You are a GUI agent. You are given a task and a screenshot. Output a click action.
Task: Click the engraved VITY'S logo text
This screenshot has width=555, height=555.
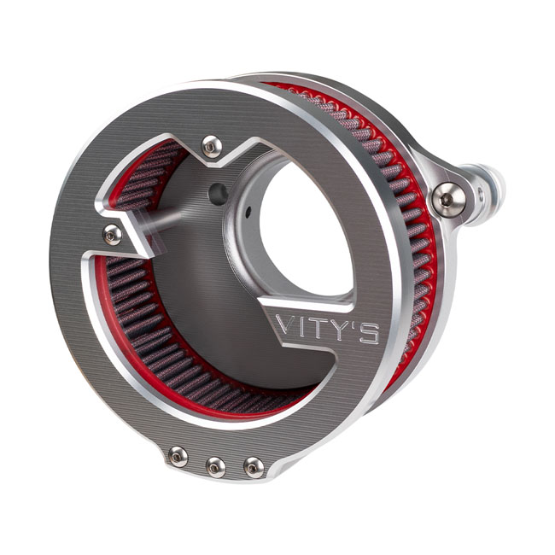point(327,329)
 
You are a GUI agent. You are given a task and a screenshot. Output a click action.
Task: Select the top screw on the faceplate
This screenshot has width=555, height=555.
point(212,146)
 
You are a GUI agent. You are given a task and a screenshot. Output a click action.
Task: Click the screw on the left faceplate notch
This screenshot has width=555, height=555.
point(113,235)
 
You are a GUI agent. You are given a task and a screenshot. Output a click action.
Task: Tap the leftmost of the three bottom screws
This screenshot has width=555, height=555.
point(178,456)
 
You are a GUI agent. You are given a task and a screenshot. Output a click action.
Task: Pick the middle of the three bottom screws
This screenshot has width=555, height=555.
point(215,467)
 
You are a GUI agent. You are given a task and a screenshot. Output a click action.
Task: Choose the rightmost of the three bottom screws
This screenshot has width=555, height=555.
point(254,467)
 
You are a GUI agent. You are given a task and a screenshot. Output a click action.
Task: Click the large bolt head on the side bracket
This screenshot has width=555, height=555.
point(448,200)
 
